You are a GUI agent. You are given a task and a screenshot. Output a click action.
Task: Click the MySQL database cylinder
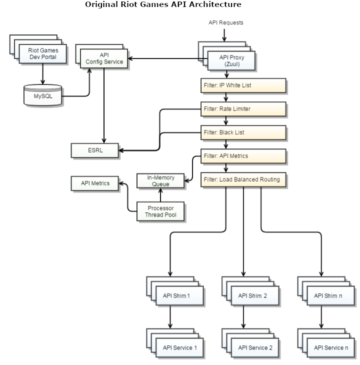point(42,95)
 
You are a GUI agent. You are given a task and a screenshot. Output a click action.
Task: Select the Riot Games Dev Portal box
point(42,54)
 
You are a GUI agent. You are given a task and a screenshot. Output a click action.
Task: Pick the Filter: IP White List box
point(243,85)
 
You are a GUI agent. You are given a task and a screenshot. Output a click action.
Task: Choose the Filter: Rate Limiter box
point(243,109)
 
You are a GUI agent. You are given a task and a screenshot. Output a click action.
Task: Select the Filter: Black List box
point(243,132)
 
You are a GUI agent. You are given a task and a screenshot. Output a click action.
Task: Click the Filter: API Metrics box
point(243,156)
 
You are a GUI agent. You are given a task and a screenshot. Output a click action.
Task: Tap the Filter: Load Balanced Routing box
point(243,179)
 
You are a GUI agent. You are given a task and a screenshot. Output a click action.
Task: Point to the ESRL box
point(94,149)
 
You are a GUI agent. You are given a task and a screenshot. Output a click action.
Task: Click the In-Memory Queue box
point(160,180)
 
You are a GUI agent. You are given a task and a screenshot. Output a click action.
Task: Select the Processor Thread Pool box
point(160,211)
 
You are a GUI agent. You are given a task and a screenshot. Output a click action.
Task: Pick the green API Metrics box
point(94,184)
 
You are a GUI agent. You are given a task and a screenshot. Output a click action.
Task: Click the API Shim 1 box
point(179,295)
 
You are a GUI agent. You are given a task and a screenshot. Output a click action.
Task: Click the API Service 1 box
point(179,347)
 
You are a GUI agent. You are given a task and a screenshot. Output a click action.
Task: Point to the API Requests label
point(225,23)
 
